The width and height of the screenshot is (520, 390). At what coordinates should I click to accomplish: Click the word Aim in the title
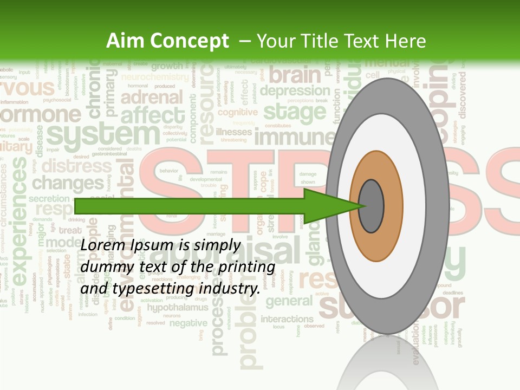[x=125, y=41]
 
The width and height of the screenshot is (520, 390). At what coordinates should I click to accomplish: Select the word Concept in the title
[x=188, y=41]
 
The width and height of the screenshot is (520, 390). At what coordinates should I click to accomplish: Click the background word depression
[x=294, y=90]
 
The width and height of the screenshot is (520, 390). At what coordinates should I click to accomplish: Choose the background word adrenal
[x=152, y=98]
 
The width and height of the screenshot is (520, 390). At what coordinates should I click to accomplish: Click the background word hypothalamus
[x=177, y=308]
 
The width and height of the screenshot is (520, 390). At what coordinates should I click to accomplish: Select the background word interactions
[x=287, y=318]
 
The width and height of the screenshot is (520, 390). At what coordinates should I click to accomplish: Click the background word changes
[x=68, y=183]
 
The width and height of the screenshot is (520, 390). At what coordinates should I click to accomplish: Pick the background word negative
[x=188, y=323]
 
